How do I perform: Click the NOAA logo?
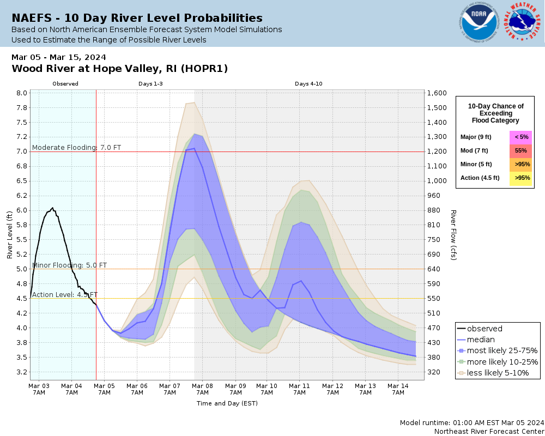479,23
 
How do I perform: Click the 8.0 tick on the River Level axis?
22,93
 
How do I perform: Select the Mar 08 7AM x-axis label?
202,389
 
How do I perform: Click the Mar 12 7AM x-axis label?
333,389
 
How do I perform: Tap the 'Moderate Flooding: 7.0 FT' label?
76,147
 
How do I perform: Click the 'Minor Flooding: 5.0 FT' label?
69,265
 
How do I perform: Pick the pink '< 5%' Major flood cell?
520,137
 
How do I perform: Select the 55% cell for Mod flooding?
520,150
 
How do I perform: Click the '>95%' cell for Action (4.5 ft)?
520,178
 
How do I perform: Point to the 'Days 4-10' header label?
309,84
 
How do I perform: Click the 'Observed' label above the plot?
65,84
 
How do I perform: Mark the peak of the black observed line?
52,208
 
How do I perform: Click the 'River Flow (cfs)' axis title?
453,234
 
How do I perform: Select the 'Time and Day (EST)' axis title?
227,403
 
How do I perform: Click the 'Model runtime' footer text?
471,423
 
